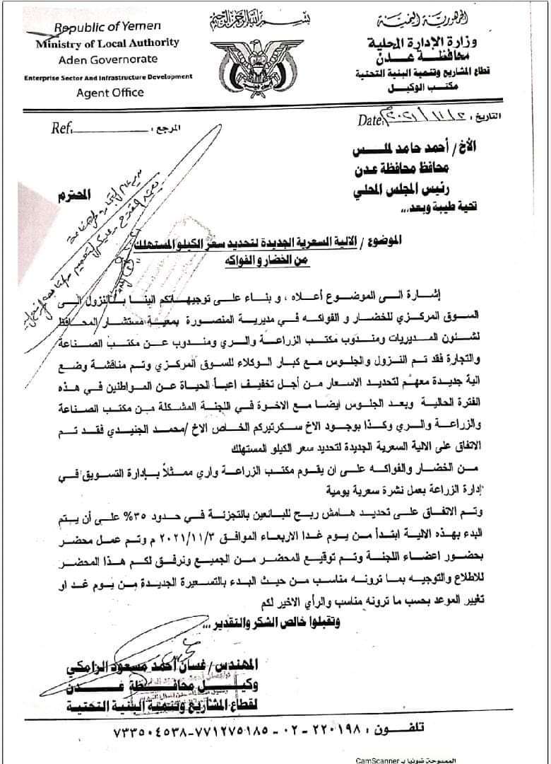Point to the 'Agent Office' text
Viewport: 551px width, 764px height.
109,93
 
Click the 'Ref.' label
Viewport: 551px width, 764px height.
61,129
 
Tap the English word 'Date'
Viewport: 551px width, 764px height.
369,120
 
